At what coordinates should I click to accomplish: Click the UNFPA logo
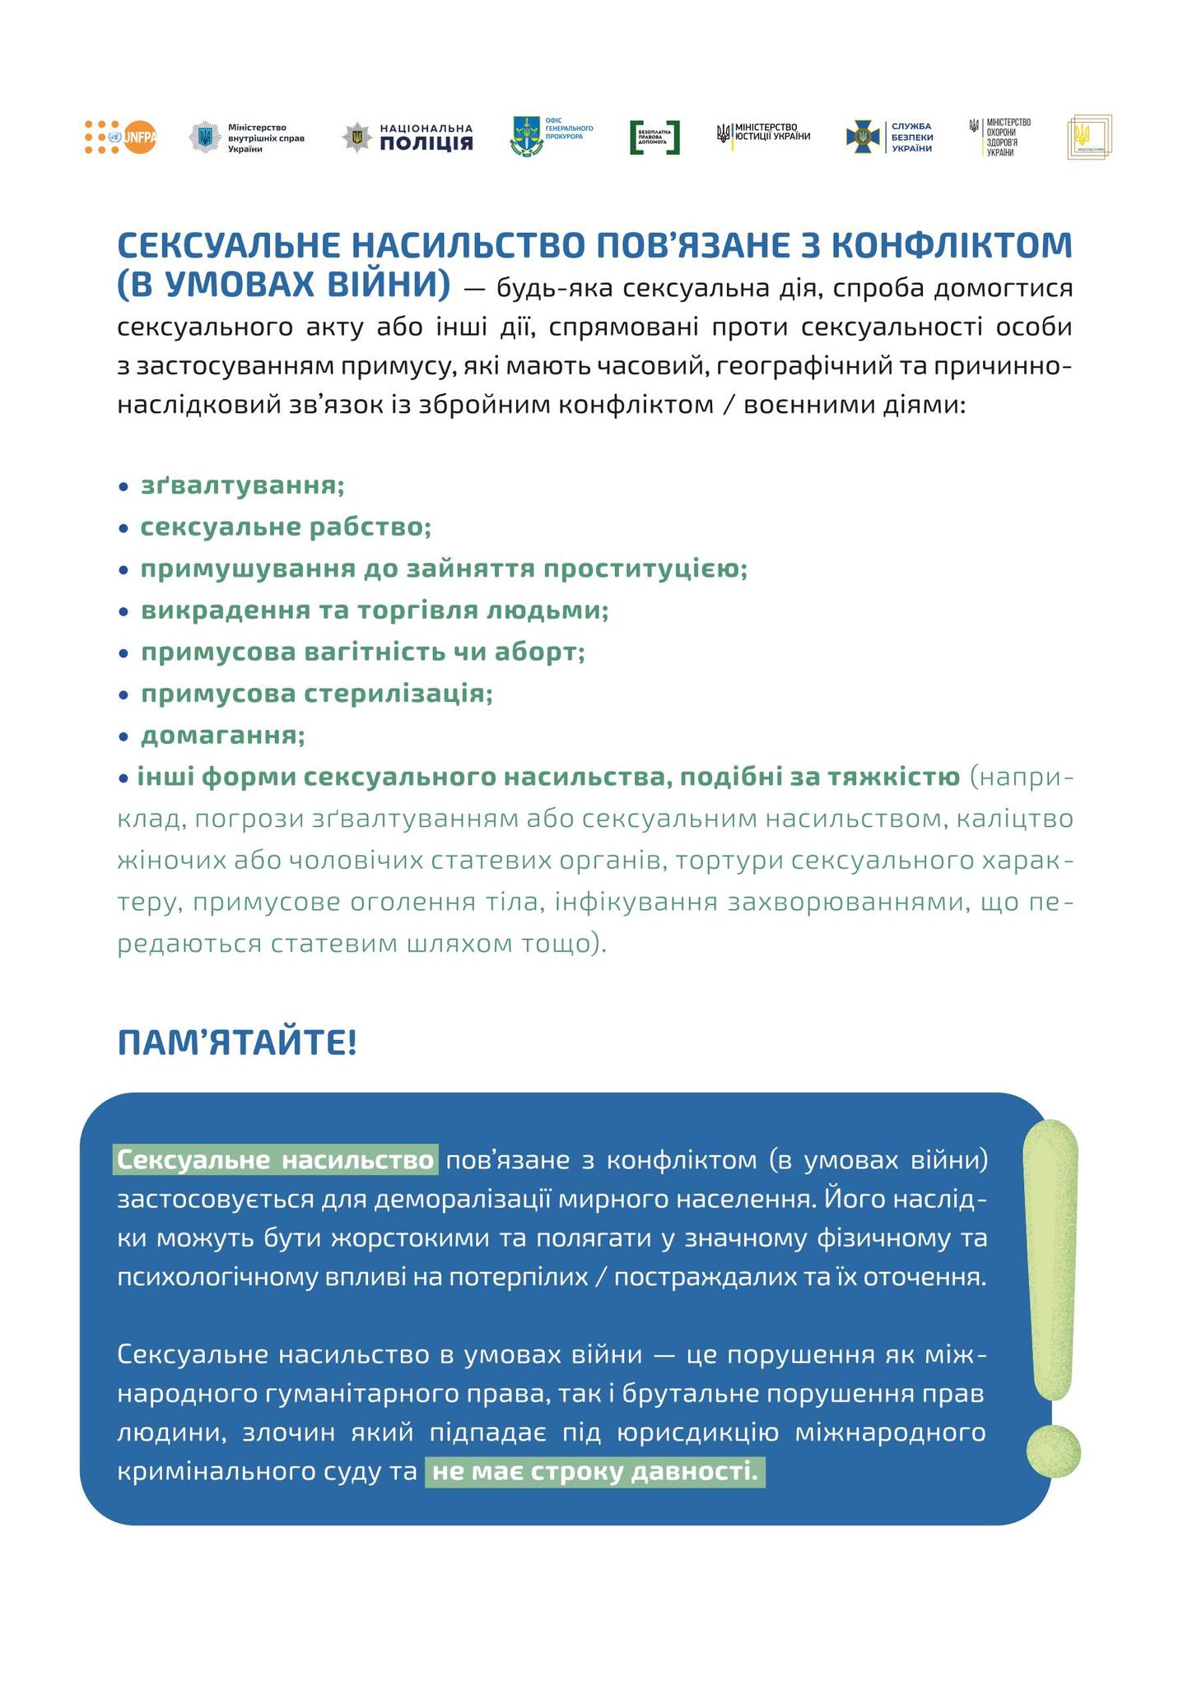[x=120, y=137]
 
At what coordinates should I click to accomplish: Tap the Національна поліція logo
[x=408, y=137]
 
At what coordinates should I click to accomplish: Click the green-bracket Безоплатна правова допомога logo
[x=654, y=137]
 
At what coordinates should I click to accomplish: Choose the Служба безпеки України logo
[x=889, y=137]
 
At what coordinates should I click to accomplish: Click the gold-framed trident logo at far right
[x=1089, y=137]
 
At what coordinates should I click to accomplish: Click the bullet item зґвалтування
[x=242, y=485]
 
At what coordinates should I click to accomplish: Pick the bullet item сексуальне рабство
[x=286, y=527]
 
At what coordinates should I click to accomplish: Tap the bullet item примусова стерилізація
[x=316, y=694]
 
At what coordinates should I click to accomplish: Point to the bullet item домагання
[x=222, y=735]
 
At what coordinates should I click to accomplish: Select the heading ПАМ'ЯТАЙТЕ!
[x=237, y=1042]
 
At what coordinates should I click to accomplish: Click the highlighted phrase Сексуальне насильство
[x=276, y=1160]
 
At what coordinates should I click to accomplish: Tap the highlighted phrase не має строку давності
[x=594, y=1471]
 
